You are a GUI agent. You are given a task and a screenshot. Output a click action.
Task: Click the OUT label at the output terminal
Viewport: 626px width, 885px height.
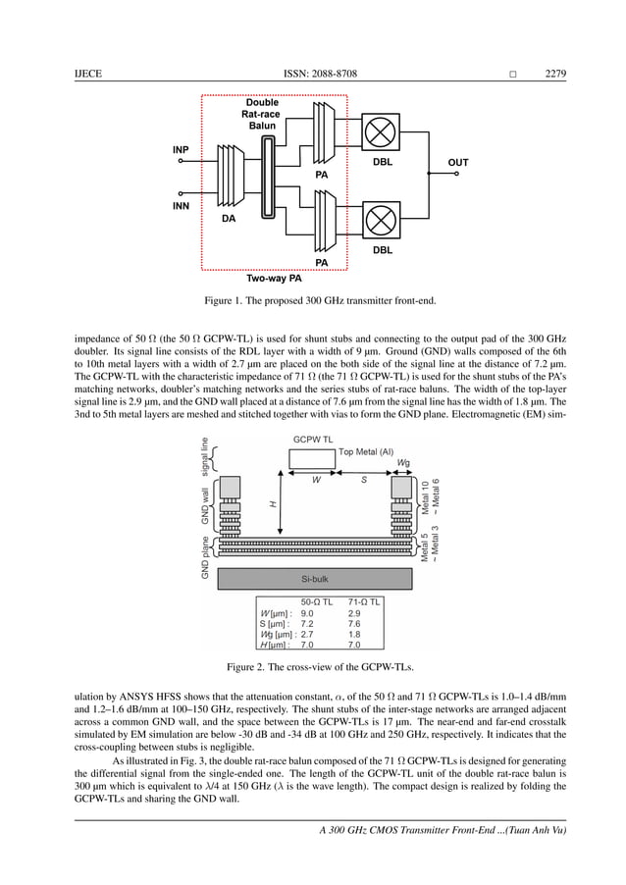click(x=457, y=163)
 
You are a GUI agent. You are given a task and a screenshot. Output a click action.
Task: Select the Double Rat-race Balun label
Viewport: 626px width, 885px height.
click(x=262, y=114)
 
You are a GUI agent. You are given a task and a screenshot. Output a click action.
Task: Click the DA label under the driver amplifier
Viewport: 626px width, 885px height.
click(x=228, y=220)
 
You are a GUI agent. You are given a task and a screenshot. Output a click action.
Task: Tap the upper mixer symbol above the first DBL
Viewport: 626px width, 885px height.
click(x=382, y=131)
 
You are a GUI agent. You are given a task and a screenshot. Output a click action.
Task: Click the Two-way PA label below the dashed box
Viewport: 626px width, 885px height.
click(x=274, y=279)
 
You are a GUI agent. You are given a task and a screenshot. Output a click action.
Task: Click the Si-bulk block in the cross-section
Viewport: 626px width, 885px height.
click(x=313, y=579)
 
